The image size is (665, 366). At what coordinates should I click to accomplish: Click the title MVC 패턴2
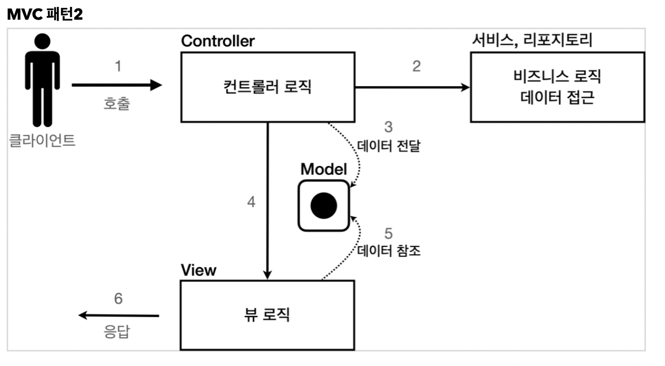click(45, 14)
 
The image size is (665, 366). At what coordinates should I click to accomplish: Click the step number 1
click(118, 66)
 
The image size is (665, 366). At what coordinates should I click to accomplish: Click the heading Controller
click(218, 41)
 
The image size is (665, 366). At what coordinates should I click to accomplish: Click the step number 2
click(416, 66)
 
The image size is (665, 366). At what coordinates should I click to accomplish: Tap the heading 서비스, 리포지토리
click(532, 41)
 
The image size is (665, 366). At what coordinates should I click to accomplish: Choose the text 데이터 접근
click(557, 98)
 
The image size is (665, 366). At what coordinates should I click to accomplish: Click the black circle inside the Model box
click(324, 205)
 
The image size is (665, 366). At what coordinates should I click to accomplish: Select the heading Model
click(323, 170)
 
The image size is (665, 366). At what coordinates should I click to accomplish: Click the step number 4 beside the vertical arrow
click(251, 202)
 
